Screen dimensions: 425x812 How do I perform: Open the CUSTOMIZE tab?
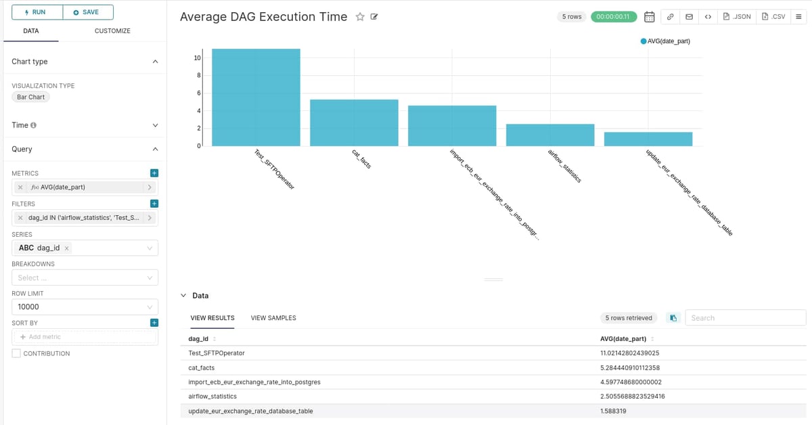click(x=112, y=31)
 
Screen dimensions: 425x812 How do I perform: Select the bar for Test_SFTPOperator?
click(x=256, y=97)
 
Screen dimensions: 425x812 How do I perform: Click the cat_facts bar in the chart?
click(x=354, y=122)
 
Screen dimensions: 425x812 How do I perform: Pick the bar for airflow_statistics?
click(x=550, y=135)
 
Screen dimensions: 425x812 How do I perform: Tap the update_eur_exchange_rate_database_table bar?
click(x=648, y=139)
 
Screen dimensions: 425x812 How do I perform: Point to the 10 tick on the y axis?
click(x=197, y=58)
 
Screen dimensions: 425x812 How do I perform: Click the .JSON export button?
click(x=737, y=16)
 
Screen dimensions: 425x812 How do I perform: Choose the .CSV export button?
click(x=773, y=16)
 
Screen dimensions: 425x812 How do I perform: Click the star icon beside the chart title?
click(x=360, y=17)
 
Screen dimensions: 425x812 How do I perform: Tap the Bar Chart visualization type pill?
click(x=31, y=97)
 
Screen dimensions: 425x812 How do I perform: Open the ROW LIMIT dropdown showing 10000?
click(x=85, y=307)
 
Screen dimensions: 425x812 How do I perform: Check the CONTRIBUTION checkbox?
click(x=16, y=353)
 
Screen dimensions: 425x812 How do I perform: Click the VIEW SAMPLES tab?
click(x=273, y=317)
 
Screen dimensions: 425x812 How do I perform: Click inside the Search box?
click(x=745, y=317)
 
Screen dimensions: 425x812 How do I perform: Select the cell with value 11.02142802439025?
click(x=629, y=353)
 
